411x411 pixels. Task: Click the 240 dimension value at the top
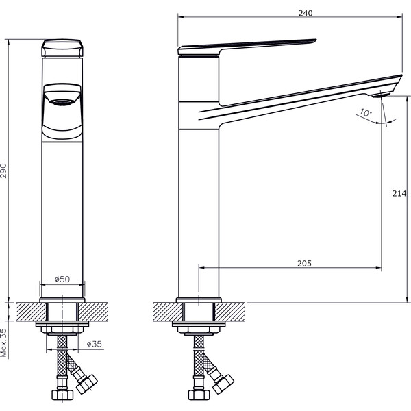[306, 13]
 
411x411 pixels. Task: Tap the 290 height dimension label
[3, 171]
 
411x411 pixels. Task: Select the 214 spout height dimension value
[399, 193]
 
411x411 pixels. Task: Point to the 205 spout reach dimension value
[304, 263]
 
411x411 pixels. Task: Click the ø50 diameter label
[62, 279]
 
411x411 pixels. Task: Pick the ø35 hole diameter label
[94, 344]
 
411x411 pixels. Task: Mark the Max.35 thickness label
[3, 342]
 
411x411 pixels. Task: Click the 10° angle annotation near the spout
[366, 113]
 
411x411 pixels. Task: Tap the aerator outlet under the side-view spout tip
[381, 95]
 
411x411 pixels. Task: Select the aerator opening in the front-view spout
[62, 103]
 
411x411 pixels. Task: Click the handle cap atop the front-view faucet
[62, 48]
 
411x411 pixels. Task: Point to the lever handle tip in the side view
[316, 40]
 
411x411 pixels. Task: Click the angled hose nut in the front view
[86, 384]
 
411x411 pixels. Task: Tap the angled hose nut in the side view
[223, 384]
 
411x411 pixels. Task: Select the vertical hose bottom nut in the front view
[62, 395]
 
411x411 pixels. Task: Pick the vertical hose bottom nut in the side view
[199, 395]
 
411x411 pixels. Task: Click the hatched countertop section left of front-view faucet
[32, 312]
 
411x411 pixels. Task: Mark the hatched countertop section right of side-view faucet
[229, 312]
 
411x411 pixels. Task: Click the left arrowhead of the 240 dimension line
[181, 17]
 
